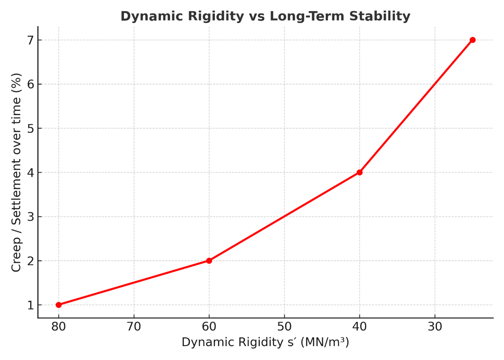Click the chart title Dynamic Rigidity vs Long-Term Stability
click(265, 16)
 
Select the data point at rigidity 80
click(59, 305)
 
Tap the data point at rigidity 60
click(209, 261)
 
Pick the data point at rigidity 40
click(359, 172)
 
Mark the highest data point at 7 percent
click(472, 40)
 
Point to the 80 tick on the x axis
click(59, 327)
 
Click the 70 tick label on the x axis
click(134, 327)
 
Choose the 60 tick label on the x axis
click(209, 327)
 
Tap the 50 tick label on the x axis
click(284, 327)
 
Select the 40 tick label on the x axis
click(359, 327)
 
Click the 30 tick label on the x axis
click(435, 327)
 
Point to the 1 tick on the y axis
click(31, 305)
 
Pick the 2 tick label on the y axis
click(31, 261)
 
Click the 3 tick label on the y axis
click(31, 217)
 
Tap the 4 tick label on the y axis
click(31, 173)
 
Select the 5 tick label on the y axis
click(31, 128)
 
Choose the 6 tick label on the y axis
click(31, 84)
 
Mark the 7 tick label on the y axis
click(31, 40)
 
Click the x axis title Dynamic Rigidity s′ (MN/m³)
click(265, 342)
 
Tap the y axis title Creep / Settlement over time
click(16, 172)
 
